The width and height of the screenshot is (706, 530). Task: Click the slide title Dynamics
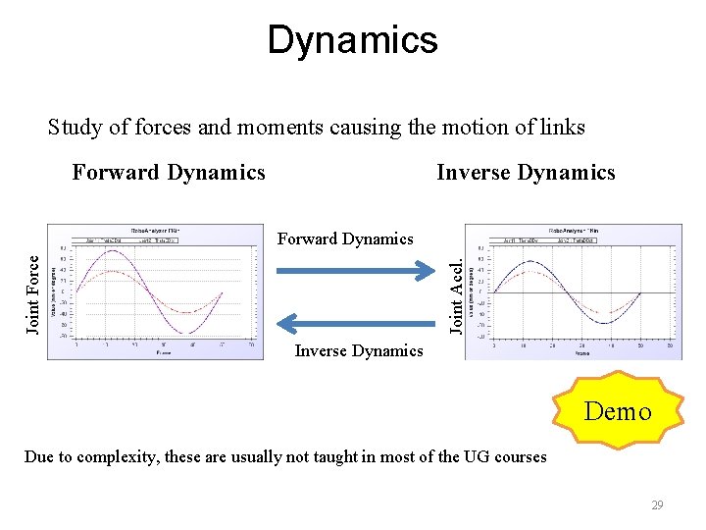click(x=352, y=40)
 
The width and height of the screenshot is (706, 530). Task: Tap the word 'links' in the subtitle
click(x=562, y=128)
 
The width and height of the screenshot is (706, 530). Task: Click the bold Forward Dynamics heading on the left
click(x=169, y=173)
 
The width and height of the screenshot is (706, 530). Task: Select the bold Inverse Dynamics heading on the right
click(x=526, y=173)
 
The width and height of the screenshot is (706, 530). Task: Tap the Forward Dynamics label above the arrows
click(x=345, y=238)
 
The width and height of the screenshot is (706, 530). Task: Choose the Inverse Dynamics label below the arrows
click(x=359, y=350)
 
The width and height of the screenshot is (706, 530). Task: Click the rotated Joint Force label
click(x=33, y=294)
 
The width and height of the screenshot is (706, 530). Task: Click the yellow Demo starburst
click(x=618, y=410)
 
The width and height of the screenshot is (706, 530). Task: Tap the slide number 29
click(x=657, y=505)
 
